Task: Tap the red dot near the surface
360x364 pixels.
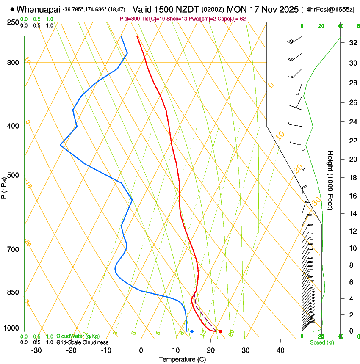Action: click(221, 331)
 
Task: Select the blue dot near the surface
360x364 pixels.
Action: click(192, 331)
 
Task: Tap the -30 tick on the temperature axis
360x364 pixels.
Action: click(36, 350)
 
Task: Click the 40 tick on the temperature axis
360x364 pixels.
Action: click(280, 350)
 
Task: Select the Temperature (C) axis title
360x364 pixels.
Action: click(182, 360)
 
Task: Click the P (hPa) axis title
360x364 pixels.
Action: click(5, 186)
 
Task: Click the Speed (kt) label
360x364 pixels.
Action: click(322, 342)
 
